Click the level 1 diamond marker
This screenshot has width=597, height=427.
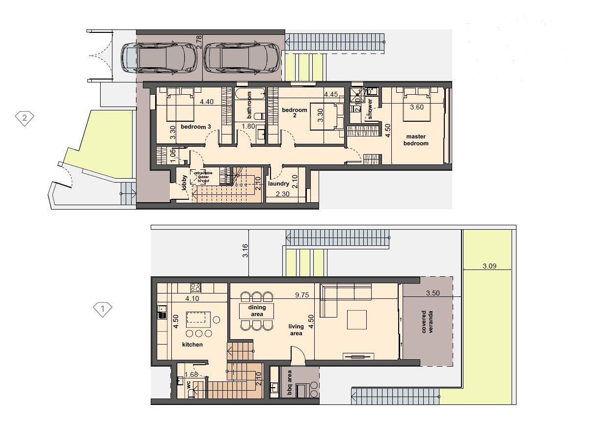click(x=103, y=309)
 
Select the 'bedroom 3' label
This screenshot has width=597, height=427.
click(x=196, y=127)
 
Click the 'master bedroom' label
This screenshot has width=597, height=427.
click(x=416, y=140)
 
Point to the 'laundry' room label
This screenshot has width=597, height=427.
click(x=278, y=184)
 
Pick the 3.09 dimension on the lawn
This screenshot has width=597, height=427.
click(x=489, y=267)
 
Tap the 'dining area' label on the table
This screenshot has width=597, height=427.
click(x=256, y=311)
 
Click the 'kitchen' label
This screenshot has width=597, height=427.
click(x=192, y=345)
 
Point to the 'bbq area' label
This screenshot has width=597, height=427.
click(x=290, y=383)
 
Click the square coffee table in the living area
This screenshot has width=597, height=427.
click(x=357, y=320)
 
